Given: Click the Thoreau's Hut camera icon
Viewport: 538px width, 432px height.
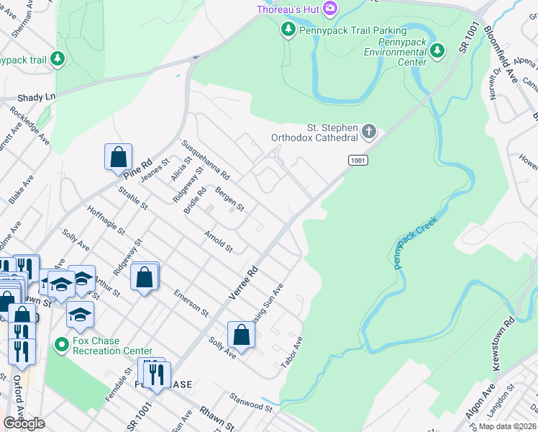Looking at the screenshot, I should point(330,9).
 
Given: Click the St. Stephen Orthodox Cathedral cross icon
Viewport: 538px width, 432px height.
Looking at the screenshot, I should point(369,132).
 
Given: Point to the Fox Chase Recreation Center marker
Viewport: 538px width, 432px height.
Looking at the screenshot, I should point(62,346).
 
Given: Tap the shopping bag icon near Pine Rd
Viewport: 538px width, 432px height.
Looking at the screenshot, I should point(118,156).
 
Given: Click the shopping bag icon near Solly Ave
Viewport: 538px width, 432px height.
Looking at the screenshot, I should point(242,334).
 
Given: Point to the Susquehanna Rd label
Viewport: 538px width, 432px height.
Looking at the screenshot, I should point(205,160).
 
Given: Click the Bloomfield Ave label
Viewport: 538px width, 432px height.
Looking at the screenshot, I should point(501,54).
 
